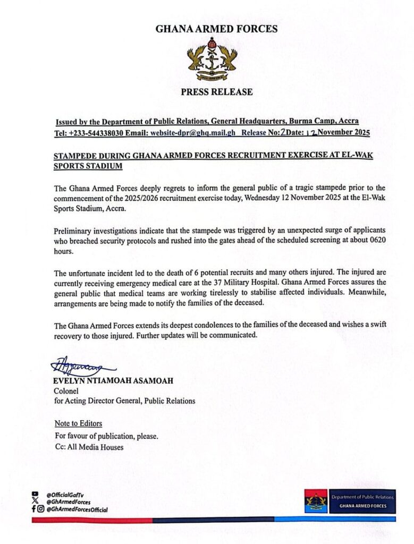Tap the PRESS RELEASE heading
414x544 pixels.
point(216,92)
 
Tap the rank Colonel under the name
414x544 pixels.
point(66,391)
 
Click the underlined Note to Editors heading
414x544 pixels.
point(78,423)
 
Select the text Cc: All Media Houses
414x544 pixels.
point(89,447)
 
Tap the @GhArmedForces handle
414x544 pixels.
point(67,501)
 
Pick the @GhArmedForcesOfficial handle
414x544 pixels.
point(77,509)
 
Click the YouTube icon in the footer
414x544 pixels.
point(35,494)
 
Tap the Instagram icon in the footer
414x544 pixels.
point(41,509)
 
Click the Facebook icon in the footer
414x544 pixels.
point(33,509)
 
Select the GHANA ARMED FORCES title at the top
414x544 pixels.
point(216,29)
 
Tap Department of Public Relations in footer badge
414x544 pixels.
point(362,497)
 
